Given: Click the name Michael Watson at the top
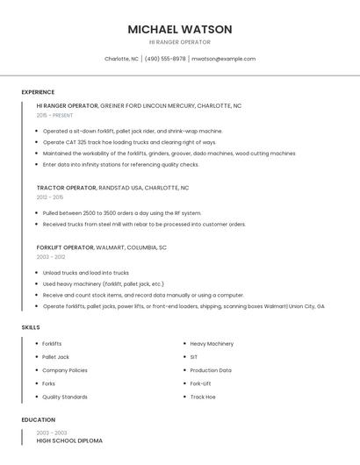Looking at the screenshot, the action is pyautogui.click(x=180, y=29).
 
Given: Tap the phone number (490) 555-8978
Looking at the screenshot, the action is pyautogui.click(x=165, y=59).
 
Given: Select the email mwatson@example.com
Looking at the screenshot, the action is pyautogui.click(x=223, y=59).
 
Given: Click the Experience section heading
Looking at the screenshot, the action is pyautogui.click(x=38, y=92).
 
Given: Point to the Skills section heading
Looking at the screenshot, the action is pyautogui.click(x=31, y=327).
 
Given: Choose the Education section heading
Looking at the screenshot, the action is pyautogui.click(x=39, y=419).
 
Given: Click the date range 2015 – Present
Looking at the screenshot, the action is pyautogui.click(x=54, y=115).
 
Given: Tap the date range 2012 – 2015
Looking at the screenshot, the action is pyautogui.click(x=50, y=197).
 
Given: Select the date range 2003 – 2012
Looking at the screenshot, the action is pyautogui.click(x=50, y=257).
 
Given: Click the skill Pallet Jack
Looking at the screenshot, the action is pyautogui.click(x=55, y=357).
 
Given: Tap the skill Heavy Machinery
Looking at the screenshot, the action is pyautogui.click(x=212, y=344).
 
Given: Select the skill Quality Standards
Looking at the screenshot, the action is pyautogui.click(x=65, y=397).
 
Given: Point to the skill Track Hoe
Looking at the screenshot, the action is pyautogui.click(x=203, y=397).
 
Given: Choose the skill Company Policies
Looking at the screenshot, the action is pyautogui.click(x=65, y=370).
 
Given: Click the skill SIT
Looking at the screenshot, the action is pyautogui.click(x=194, y=357).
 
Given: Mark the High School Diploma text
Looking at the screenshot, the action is pyautogui.click(x=69, y=440).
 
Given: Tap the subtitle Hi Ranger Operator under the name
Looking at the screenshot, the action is pyautogui.click(x=180, y=41).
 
